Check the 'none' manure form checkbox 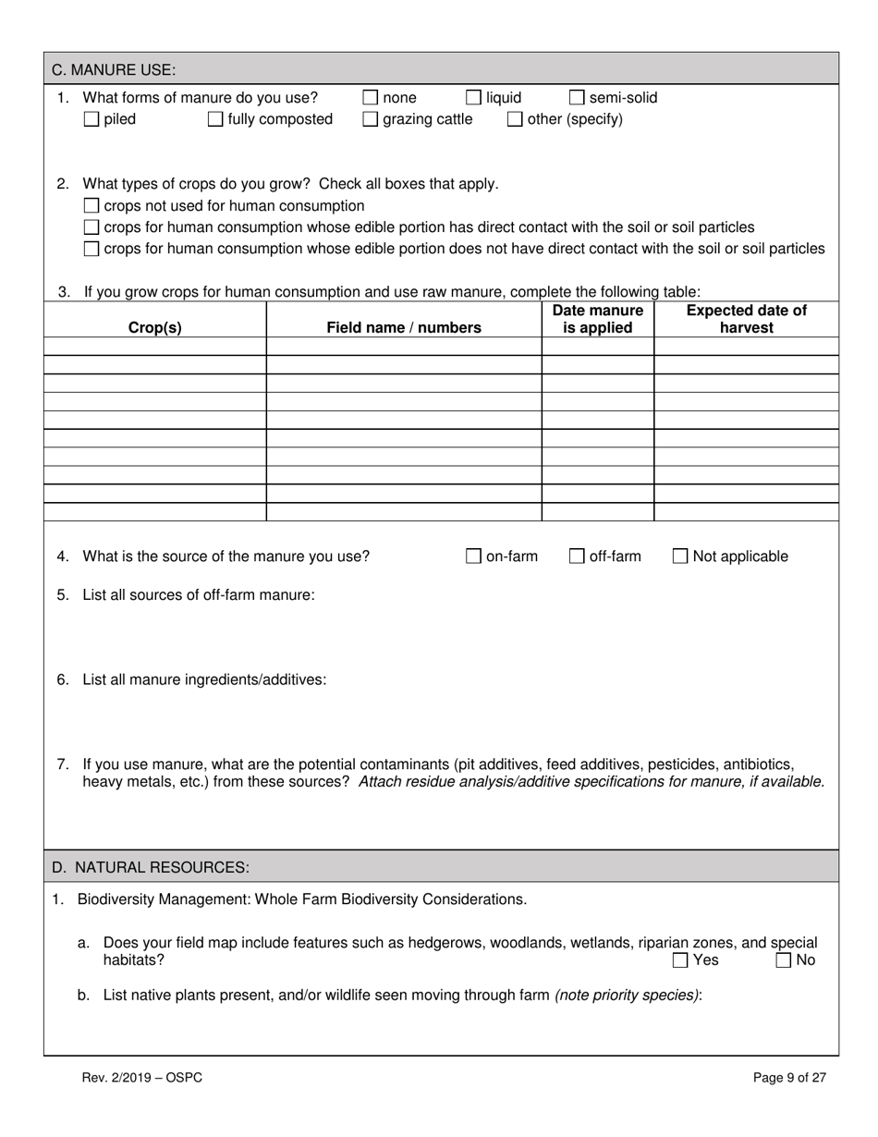[x=370, y=98]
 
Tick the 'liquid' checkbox [x=473, y=98]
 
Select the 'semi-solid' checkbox [x=577, y=98]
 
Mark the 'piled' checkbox [x=91, y=119]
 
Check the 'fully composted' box [x=215, y=119]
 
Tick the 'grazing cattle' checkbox [x=370, y=119]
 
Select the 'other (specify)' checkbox [x=515, y=119]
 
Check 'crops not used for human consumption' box [x=91, y=205]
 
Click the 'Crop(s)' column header [x=154, y=327]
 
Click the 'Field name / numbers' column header [x=404, y=327]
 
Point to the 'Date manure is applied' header [x=597, y=319]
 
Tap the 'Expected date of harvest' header [x=746, y=319]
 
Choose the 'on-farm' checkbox [x=473, y=556]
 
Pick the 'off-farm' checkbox [x=577, y=556]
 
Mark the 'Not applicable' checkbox [x=680, y=556]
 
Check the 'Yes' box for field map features [x=680, y=960]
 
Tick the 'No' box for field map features [x=784, y=960]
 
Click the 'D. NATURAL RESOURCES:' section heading [x=150, y=867]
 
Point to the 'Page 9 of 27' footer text [x=789, y=1077]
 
